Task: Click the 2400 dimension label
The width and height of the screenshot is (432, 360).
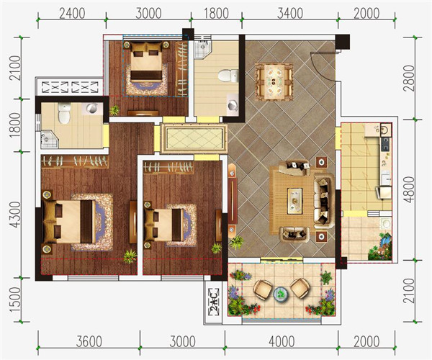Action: (x=72, y=13)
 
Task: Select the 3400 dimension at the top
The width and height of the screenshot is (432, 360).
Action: (x=290, y=13)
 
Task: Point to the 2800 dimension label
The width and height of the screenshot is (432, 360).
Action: (x=410, y=78)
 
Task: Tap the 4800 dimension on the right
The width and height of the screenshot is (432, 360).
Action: (x=410, y=190)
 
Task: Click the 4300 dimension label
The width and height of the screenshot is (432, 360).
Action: (x=15, y=215)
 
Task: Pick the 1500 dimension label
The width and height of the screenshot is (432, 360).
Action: (x=15, y=300)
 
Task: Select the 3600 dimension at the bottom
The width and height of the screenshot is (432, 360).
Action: (x=89, y=341)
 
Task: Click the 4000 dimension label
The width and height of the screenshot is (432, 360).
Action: (x=282, y=341)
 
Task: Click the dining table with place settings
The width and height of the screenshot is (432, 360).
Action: (x=274, y=81)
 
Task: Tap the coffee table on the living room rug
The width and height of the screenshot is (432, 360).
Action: (x=294, y=201)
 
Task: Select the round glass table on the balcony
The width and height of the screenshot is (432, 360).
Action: (x=281, y=294)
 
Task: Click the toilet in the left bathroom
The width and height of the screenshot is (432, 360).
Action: (x=64, y=113)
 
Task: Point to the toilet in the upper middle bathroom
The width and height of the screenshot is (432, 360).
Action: (x=228, y=76)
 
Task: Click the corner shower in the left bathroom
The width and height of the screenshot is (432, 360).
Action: (x=48, y=139)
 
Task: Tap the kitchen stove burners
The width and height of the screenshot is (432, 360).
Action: (x=386, y=144)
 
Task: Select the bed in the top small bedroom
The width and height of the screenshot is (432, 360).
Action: (x=146, y=61)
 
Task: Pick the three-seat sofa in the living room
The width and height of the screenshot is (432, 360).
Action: (x=323, y=201)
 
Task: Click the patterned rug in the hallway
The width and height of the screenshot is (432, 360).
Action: (x=194, y=138)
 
